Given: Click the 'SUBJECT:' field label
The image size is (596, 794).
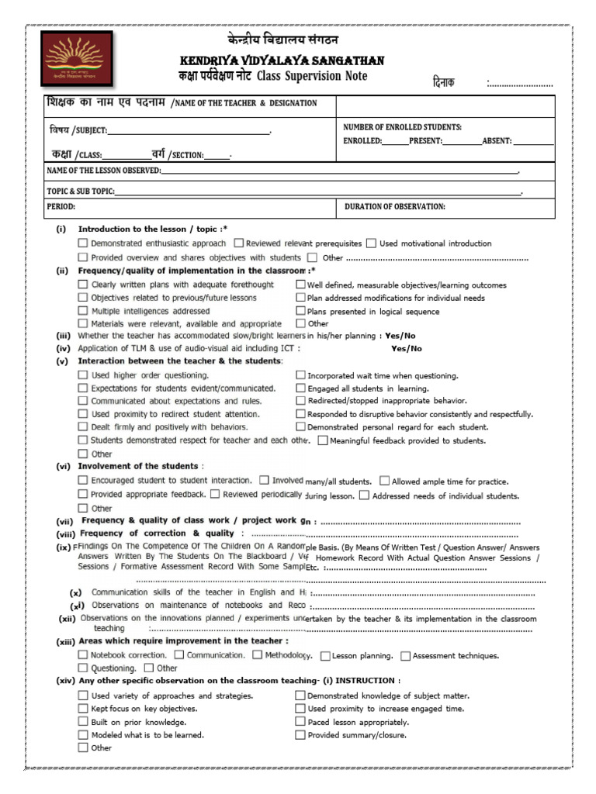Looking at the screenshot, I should (x=90, y=130).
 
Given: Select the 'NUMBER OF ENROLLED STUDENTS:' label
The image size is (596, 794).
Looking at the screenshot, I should (x=402, y=126).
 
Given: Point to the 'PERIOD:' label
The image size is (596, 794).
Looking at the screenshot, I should (x=61, y=207).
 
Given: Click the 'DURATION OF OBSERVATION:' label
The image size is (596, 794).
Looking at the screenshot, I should (x=395, y=207).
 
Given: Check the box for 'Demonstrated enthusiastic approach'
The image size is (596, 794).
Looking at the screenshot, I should (x=83, y=243).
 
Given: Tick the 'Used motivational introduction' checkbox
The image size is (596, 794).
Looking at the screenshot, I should (x=372, y=243).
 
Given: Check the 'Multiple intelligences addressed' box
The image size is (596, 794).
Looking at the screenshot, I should (x=83, y=311).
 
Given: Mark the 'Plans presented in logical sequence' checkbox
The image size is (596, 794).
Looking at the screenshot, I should (x=300, y=311).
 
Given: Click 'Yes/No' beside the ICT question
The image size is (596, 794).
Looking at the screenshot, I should (x=407, y=349).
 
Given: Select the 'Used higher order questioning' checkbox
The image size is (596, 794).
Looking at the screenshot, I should (x=83, y=375).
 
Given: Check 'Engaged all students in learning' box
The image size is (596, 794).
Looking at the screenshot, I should (x=300, y=388).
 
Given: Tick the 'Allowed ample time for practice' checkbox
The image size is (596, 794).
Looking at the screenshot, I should (x=385, y=482).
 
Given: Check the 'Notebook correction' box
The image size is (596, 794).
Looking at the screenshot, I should (x=83, y=655).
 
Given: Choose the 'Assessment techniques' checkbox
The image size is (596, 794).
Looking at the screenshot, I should (x=405, y=656).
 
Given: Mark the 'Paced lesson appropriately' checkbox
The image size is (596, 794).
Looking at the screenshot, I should (x=300, y=722).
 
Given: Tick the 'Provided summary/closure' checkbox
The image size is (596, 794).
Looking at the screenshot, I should (x=300, y=735).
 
